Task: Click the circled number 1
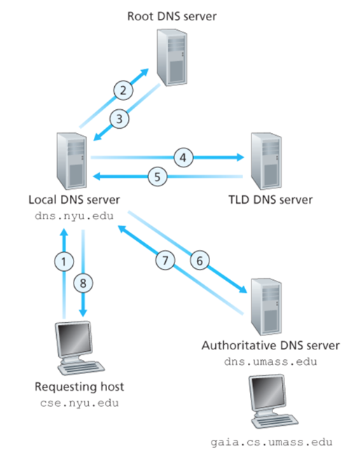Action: point(64,261)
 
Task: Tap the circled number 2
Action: point(123,89)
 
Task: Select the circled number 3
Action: point(121,118)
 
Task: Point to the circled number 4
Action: point(184,158)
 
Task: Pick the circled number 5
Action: point(158,176)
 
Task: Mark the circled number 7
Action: point(166,260)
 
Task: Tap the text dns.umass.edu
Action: point(270,361)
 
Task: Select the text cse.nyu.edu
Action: point(77,403)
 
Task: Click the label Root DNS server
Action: point(173,15)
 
